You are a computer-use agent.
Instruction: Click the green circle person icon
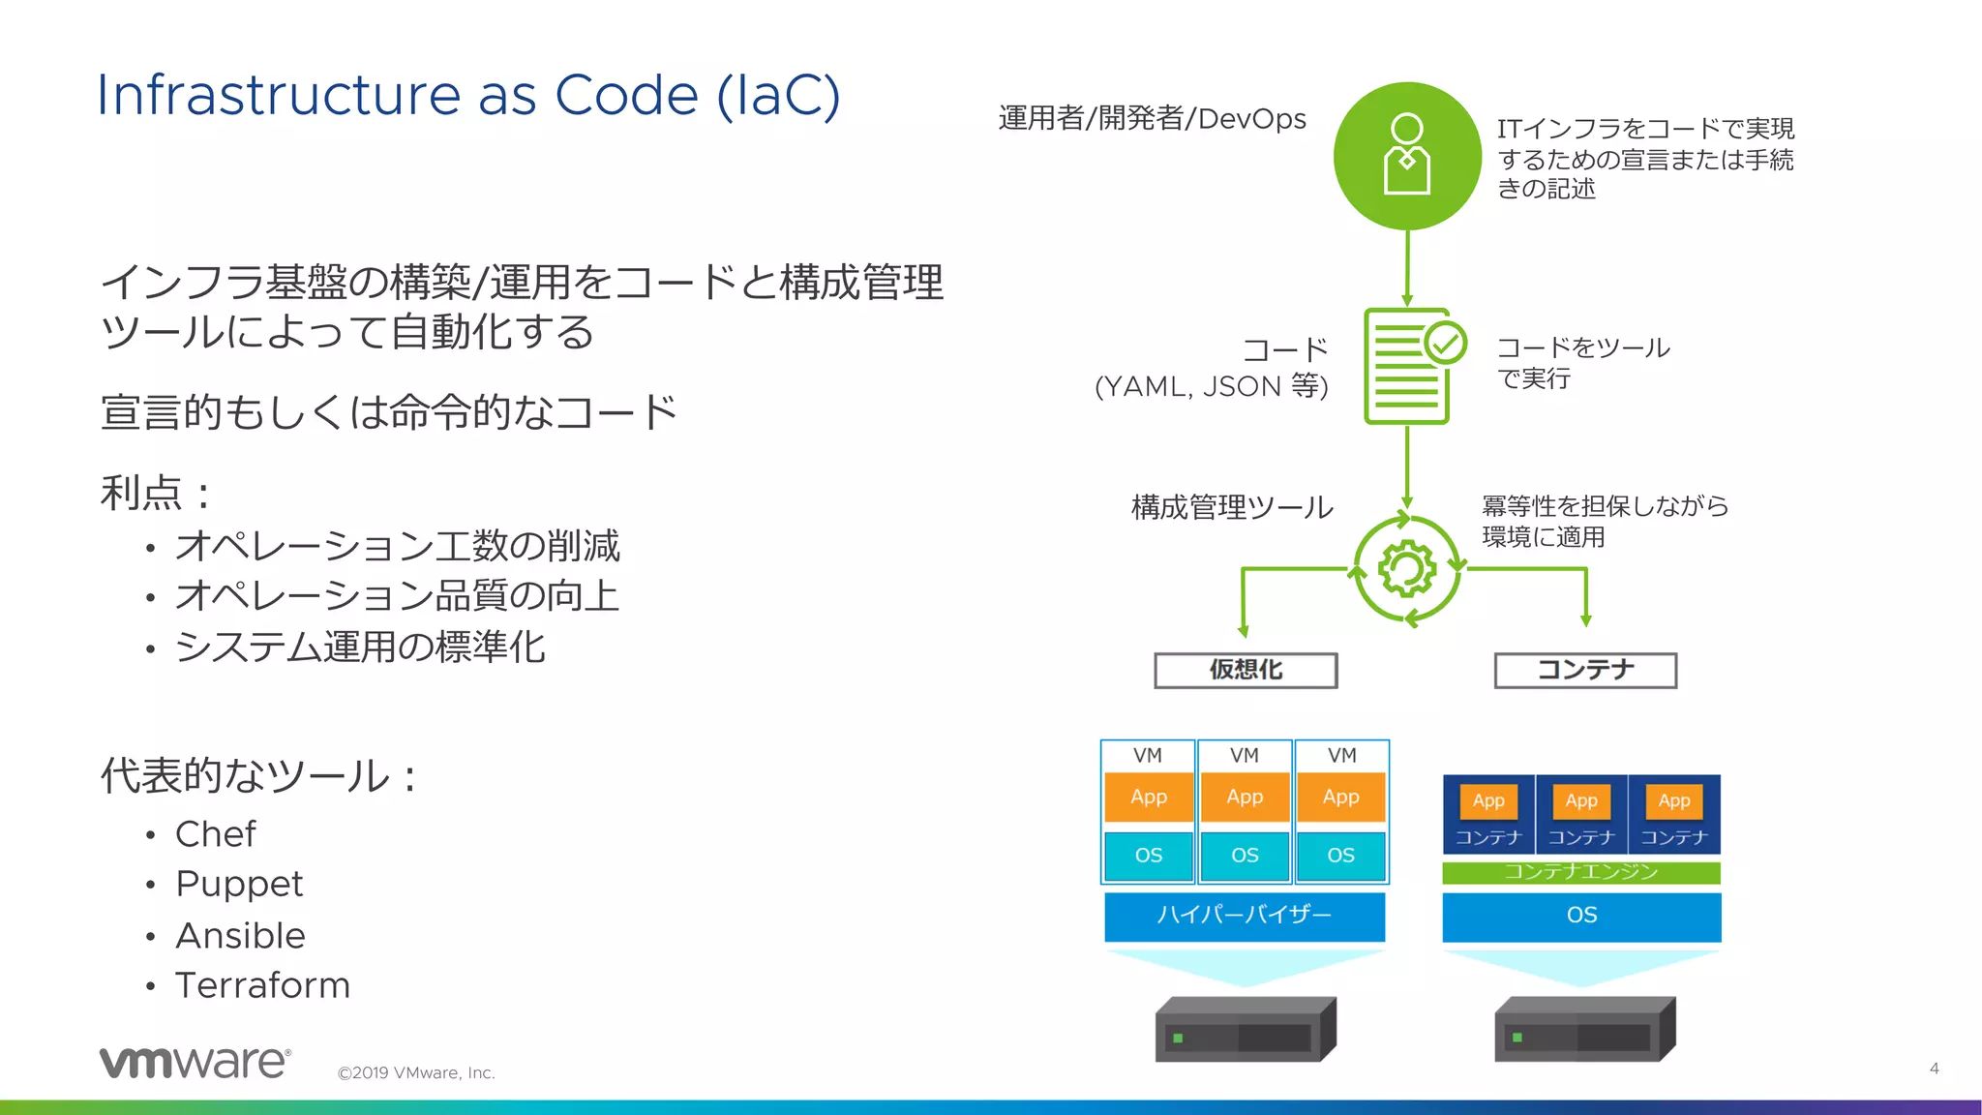[1407, 156]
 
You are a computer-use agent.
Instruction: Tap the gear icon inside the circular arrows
[1406, 568]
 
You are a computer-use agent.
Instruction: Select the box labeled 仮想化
[1246, 670]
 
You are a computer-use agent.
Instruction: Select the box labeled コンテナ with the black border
[1585, 670]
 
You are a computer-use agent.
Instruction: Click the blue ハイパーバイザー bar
[1245, 916]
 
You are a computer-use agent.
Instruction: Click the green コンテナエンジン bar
[1581, 872]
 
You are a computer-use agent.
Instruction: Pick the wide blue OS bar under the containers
[1581, 916]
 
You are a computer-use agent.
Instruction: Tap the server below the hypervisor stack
[1246, 1030]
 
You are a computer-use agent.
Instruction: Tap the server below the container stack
[1585, 1030]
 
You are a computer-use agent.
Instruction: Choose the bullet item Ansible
[240, 936]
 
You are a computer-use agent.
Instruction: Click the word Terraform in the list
[262, 985]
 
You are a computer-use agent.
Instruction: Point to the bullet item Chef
[215, 834]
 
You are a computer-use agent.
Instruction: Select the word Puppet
[239, 884]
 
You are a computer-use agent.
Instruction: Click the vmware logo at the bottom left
[195, 1062]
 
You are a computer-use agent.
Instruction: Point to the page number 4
[1934, 1069]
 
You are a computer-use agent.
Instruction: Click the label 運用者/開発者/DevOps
[1152, 118]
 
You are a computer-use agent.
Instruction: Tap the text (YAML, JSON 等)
[1211, 386]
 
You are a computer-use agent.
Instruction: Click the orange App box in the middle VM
[1245, 797]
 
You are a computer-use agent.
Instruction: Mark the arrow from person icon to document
[1407, 268]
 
